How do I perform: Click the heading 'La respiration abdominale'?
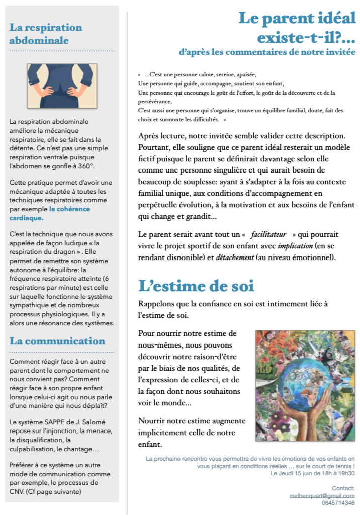click(x=46, y=34)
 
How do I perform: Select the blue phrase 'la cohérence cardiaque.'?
click(x=50, y=213)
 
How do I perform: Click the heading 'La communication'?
click(x=57, y=341)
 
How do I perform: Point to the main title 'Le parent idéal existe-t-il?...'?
click(x=297, y=28)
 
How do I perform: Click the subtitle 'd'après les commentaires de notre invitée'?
click(x=267, y=52)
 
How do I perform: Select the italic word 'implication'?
click(x=295, y=246)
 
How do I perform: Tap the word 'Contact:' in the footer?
click(x=343, y=488)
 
